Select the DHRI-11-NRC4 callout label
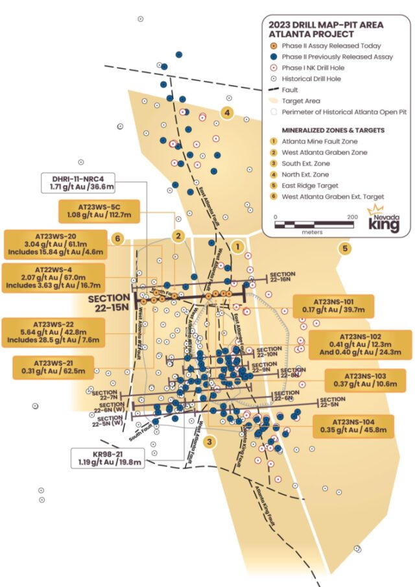tap(97, 182)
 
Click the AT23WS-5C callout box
tap(97, 210)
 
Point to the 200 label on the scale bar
tap(353, 217)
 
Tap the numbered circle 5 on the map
tap(344, 248)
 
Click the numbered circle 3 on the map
tap(209, 442)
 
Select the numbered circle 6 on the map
tap(117, 238)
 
